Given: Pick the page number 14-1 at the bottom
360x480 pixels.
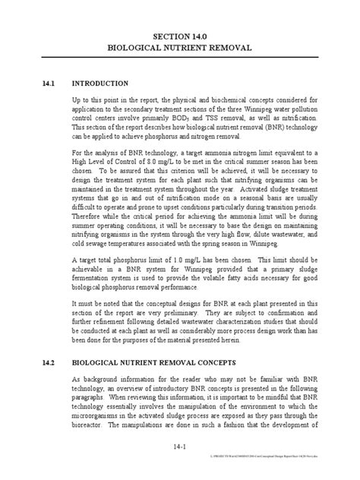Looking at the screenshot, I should (180, 456).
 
